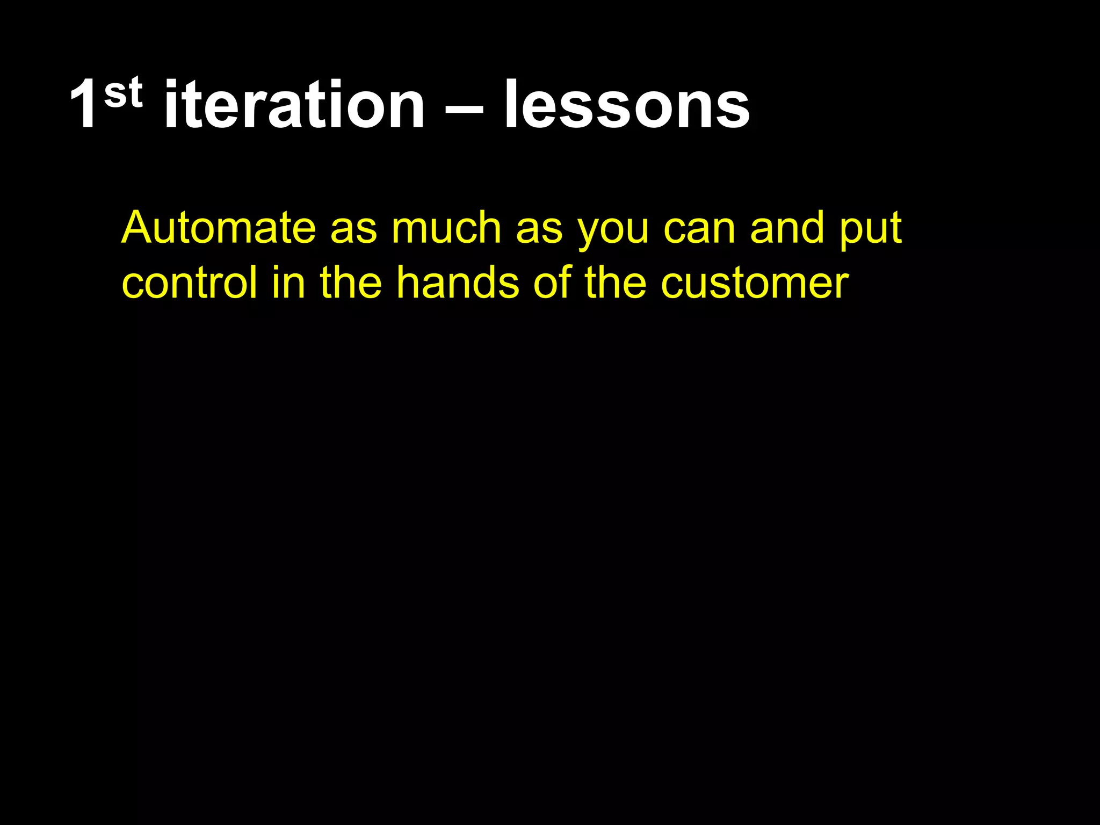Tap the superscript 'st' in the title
[x=124, y=92]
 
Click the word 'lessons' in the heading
[x=626, y=105]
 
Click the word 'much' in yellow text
[x=446, y=228]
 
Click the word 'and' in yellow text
[x=787, y=228]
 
